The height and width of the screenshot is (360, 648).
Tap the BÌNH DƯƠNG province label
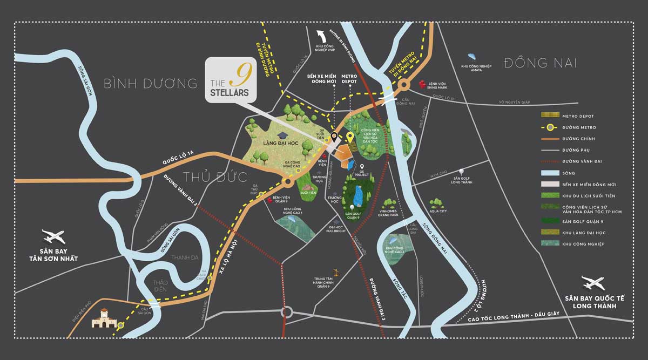click(x=151, y=84)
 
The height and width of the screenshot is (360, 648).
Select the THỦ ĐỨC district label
click(x=215, y=177)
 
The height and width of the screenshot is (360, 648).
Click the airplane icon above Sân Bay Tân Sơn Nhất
click(x=53, y=236)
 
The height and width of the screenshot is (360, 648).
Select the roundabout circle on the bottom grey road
click(x=286, y=313)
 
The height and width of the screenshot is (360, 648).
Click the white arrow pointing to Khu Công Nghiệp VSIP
click(x=323, y=38)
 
